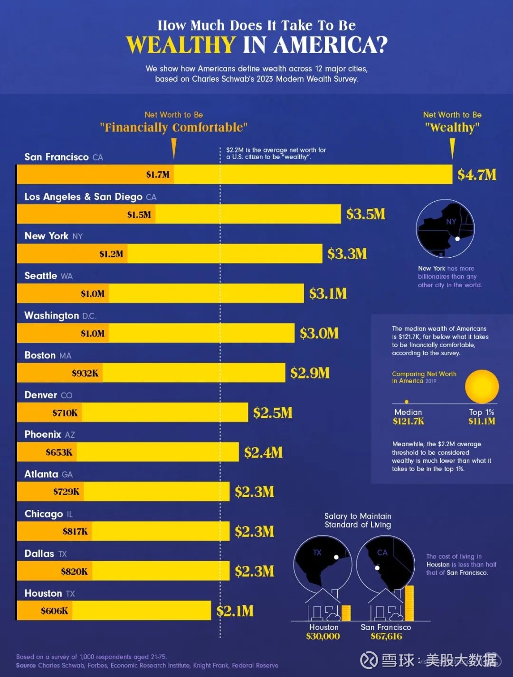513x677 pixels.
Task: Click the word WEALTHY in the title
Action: point(180,45)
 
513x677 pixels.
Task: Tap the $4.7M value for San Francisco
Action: point(476,175)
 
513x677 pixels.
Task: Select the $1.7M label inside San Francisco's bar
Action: point(158,175)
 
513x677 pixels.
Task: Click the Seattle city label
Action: point(41,276)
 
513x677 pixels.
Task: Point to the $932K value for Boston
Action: point(85,373)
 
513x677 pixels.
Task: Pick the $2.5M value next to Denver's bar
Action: point(273,413)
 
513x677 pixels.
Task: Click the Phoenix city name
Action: point(43,434)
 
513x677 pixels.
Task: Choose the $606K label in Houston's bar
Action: point(54,611)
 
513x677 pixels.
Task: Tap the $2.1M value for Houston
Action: point(235,611)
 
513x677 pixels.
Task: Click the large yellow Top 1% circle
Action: point(482,386)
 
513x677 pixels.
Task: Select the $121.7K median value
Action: point(408,421)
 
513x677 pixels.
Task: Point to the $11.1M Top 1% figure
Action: point(482,421)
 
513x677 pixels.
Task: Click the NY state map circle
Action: point(445,228)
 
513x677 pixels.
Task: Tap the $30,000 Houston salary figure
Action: point(323,636)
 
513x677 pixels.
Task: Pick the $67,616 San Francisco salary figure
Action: point(386,636)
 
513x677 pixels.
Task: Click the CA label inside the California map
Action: point(382,553)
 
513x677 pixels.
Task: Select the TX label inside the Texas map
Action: point(317,553)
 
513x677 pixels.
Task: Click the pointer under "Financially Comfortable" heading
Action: point(174,148)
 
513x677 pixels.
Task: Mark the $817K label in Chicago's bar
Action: point(75,532)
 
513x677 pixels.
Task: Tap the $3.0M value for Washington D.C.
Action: point(319,333)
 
